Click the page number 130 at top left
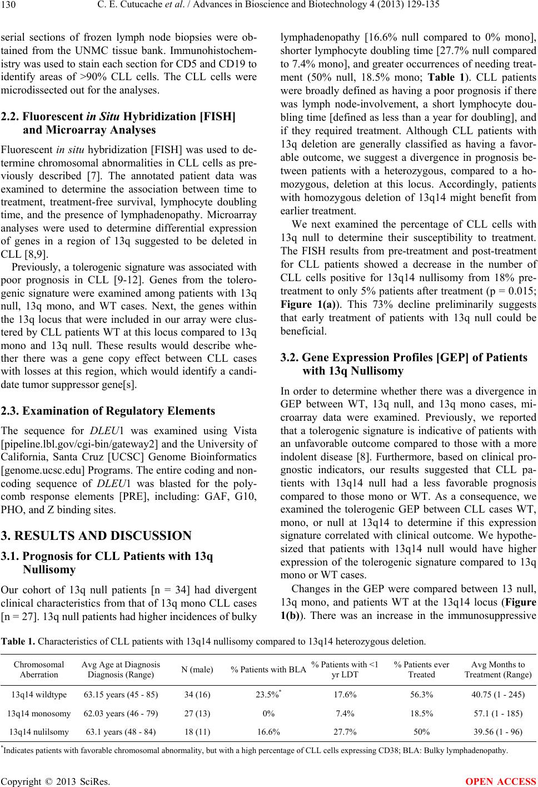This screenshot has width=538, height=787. coord(9,7)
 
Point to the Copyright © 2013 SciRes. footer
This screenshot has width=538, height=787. coord(55,780)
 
